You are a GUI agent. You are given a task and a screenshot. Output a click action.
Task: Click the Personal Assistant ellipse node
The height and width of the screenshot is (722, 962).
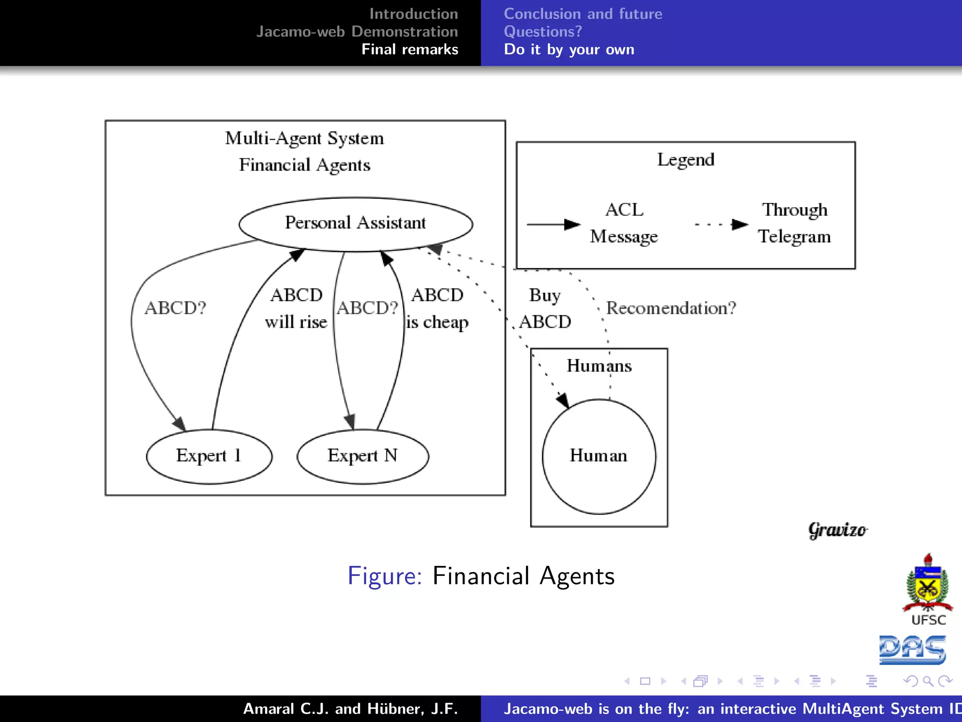[x=356, y=224]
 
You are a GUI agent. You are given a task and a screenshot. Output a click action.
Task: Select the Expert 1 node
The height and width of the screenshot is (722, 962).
[x=209, y=456]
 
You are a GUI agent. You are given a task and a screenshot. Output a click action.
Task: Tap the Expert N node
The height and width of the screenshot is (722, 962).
[x=363, y=456]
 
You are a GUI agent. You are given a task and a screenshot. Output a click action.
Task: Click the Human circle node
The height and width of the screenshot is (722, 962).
[x=599, y=456]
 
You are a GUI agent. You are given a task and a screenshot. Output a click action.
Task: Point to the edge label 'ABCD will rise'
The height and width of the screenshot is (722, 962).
[x=296, y=308]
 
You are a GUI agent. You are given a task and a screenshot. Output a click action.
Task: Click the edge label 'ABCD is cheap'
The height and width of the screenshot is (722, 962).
[x=437, y=308]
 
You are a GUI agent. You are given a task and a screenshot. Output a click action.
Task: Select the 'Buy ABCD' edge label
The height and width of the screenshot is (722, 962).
[x=545, y=308]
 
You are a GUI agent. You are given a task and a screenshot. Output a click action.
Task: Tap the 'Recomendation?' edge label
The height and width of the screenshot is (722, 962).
[x=671, y=308]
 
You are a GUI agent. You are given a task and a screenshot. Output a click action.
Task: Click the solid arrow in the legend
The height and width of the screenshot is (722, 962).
[x=553, y=224]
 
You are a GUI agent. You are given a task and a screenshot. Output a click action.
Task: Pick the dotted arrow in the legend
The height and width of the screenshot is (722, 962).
[x=721, y=224]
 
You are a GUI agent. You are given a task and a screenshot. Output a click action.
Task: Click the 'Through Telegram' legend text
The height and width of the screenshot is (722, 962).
[x=794, y=223]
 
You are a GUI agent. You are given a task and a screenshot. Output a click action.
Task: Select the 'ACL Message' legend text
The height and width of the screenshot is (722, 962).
[x=624, y=223]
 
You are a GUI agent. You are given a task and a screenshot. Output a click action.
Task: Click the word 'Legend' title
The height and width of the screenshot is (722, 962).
[x=685, y=160]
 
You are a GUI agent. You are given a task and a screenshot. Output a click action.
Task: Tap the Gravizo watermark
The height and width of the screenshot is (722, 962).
[x=838, y=530]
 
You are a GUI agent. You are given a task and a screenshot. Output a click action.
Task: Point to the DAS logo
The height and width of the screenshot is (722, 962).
[x=912, y=650]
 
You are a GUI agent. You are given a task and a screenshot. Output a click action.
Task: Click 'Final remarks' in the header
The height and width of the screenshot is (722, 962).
[x=410, y=49]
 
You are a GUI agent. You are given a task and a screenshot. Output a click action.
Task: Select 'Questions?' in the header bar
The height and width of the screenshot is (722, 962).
[x=543, y=31]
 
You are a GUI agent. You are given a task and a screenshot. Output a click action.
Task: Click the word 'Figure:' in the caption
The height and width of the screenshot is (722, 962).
[x=385, y=576]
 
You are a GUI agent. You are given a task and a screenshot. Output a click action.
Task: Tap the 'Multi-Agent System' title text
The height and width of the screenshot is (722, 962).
[x=304, y=138]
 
